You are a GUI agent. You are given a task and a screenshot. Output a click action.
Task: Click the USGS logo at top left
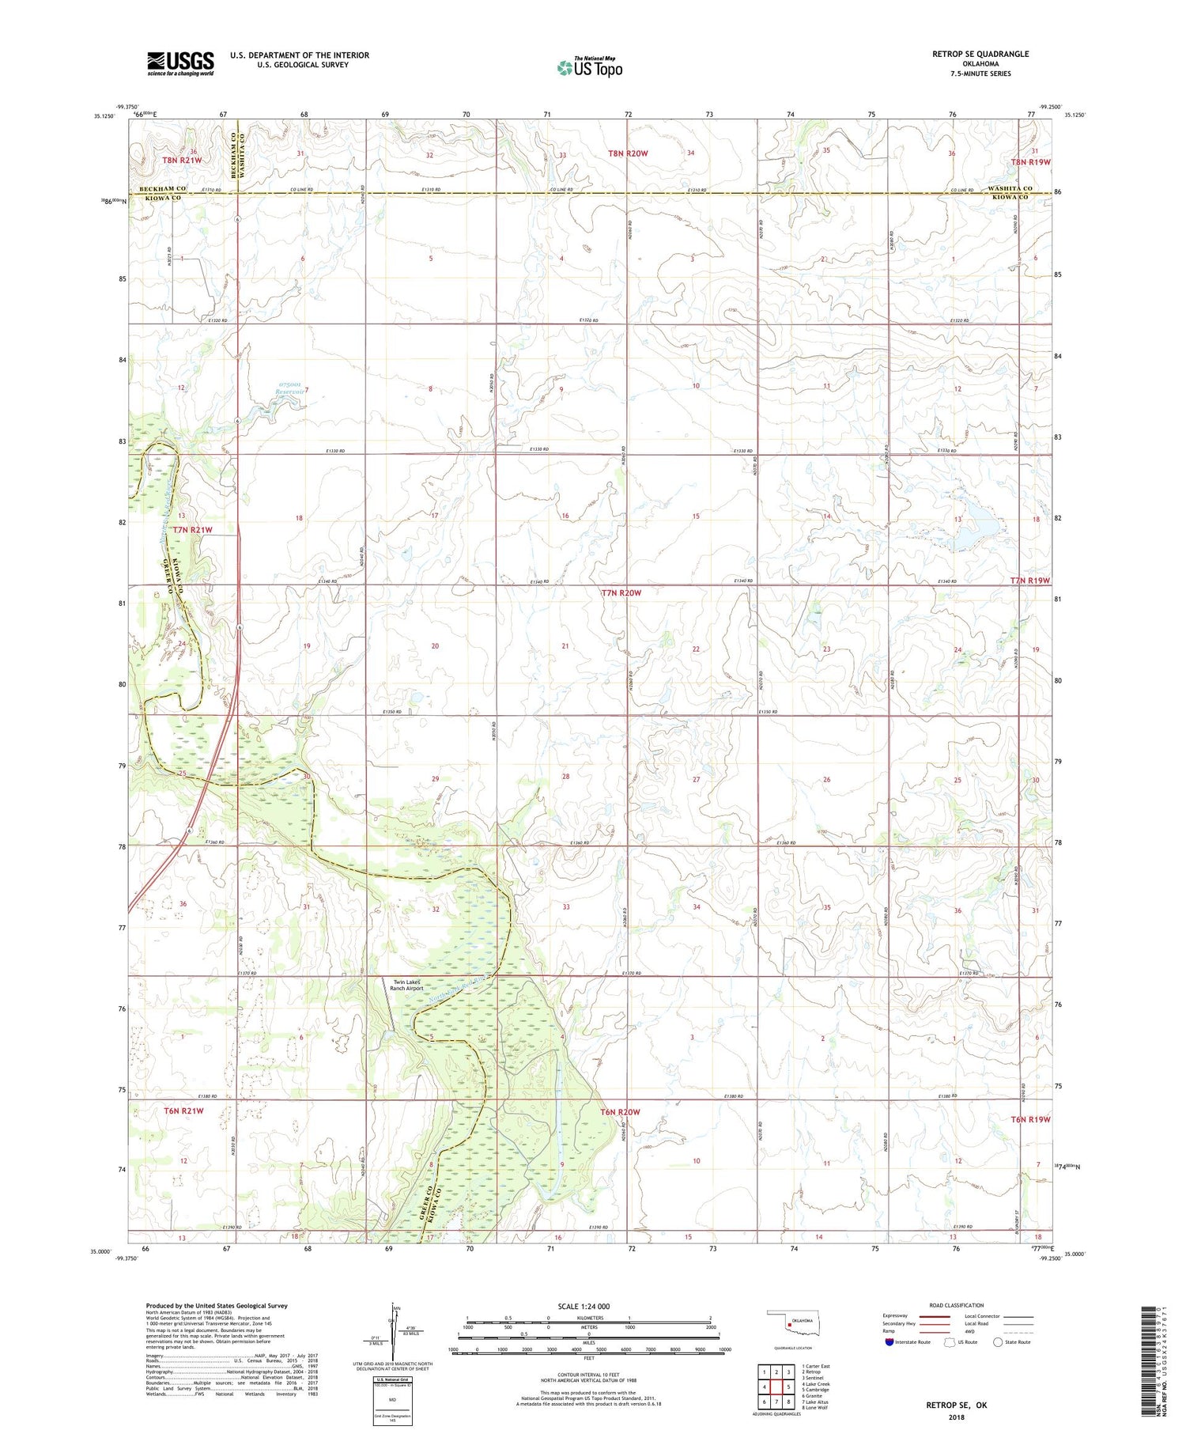pos(180,63)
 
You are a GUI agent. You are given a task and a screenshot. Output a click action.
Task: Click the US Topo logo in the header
pos(589,68)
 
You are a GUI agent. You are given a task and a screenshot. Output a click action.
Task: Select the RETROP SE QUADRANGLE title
pos(980,54)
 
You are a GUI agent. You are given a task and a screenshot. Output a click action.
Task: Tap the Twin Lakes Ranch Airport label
pos(408,985)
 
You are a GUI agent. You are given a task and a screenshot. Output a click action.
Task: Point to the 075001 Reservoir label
pos(288,388)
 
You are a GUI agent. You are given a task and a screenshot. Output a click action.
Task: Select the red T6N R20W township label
pos(620,1112)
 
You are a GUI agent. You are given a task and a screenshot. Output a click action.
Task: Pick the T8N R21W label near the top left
pos(183,161)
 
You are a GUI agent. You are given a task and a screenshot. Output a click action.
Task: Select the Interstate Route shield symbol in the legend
pos(891,1342)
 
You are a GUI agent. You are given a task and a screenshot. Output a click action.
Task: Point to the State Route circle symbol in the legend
pos(999,1342)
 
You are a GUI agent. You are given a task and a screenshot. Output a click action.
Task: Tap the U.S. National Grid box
pos(392,1402)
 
